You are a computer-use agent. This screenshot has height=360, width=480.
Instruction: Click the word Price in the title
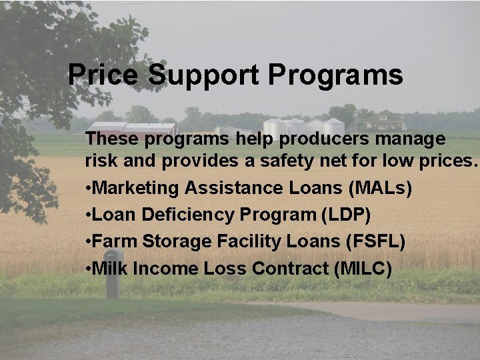pos(104,75)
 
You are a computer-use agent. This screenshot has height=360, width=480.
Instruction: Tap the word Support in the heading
pos(203,75)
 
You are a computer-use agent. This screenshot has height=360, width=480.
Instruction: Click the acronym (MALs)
pos(380,188)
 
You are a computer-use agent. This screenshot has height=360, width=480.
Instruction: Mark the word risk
pos(100,161)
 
